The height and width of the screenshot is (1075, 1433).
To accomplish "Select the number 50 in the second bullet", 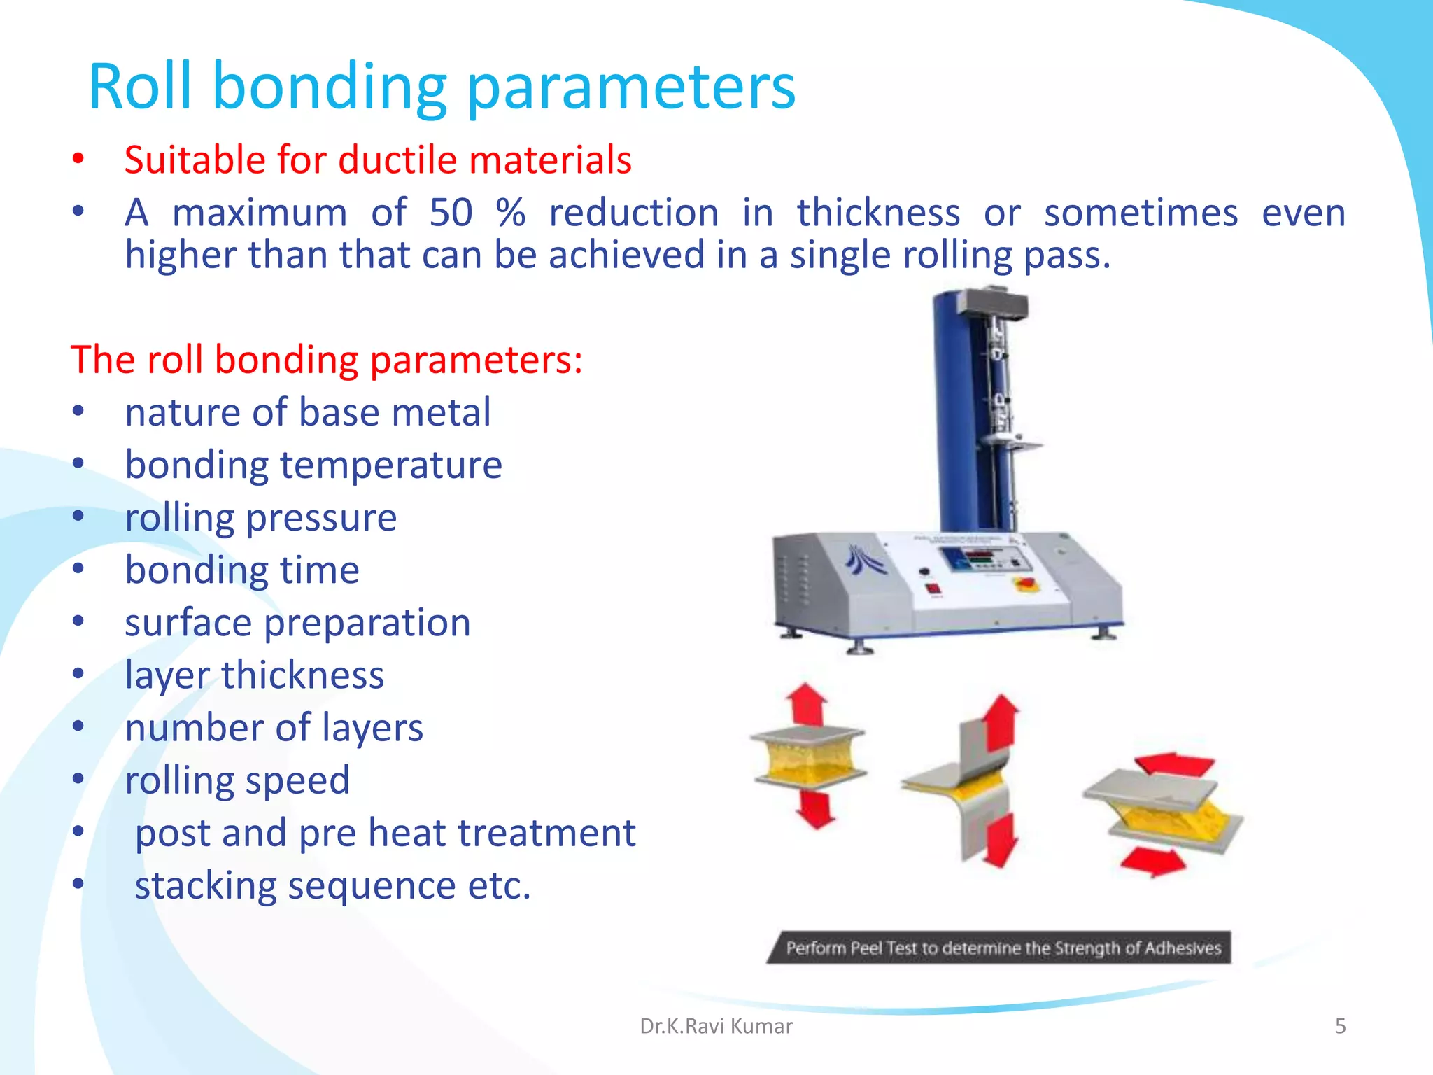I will (451, 213).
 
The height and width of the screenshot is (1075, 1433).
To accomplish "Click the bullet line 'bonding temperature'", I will (313, 465).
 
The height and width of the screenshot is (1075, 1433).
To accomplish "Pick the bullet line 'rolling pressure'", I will (260, 518).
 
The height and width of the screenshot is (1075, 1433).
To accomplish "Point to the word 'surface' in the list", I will (188, 622).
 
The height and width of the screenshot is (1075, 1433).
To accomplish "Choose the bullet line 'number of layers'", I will (274, 728).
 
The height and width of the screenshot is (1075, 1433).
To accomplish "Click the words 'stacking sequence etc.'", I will (332, 885).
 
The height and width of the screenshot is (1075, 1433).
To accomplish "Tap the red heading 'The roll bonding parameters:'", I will (326, 360).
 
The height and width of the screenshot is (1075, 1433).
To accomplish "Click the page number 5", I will (1340, 1026).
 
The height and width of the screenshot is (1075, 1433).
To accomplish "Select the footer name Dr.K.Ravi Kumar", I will (716, 1026).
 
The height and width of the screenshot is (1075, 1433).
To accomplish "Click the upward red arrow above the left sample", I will (807, 703).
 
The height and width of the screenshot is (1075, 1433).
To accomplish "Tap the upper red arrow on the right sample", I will (1174, 764).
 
